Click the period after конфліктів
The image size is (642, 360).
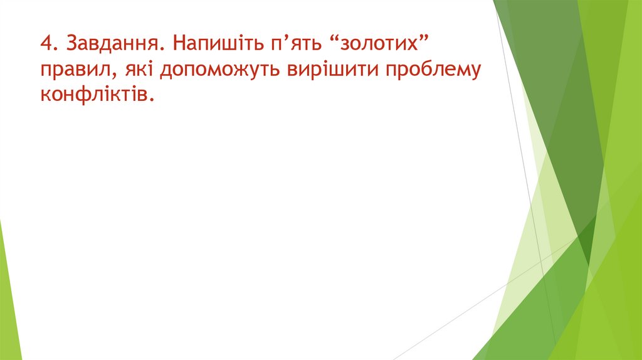tap(151, 98)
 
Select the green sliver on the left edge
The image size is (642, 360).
tap(9, 295)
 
